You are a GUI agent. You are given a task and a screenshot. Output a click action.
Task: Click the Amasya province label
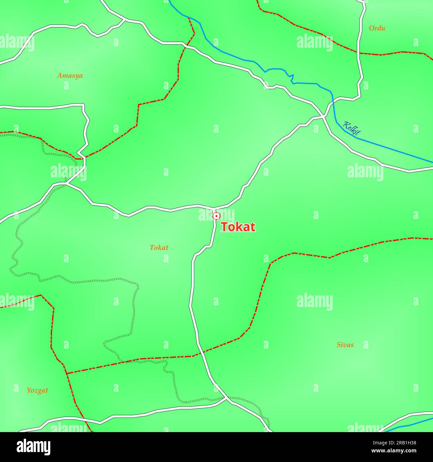(x=70, y=75)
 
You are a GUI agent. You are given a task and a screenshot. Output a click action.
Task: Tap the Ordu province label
(x=377, y=28)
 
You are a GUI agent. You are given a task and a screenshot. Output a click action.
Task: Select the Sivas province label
(x=345, y=345)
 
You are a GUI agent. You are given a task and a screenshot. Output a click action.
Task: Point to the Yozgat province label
(x=37, y=390)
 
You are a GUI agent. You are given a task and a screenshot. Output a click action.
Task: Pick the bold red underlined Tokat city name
(x=238, y=227)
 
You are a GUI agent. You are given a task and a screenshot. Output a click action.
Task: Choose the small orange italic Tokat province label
(x=159, y=248)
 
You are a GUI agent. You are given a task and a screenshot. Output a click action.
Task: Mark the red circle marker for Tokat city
(x=216, y=216)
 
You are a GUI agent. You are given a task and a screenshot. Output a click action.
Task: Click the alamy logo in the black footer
(x=34, y=447)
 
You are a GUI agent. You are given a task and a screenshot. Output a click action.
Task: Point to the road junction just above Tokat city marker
(x=215, y=208)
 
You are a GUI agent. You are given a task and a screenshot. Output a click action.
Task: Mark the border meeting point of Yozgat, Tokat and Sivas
(x=67, y=374)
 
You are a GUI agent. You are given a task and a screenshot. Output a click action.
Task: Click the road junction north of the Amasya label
(x=125, y=20)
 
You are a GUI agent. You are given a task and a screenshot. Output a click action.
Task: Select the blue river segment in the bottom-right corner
(x=410, y=425)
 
